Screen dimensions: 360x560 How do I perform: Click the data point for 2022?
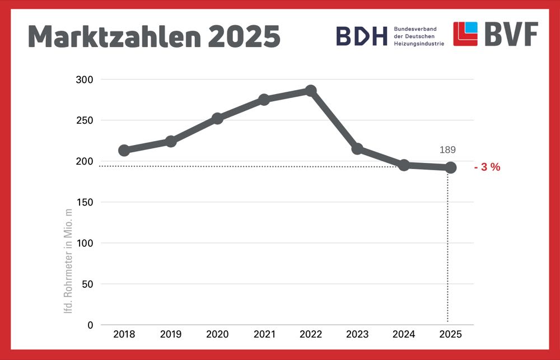[x=311, y=91]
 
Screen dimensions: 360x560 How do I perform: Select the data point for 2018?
[x=124, y=150]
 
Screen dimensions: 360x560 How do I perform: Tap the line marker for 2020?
[x=217, y=118]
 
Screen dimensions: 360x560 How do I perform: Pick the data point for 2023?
[x=357, y=148]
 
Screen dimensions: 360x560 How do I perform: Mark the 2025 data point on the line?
[x=450, y=167]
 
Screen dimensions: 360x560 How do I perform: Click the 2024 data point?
[x=404, y=165]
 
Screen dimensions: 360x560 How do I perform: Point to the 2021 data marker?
[x=264, y=100]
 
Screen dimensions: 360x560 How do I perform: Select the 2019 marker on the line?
[x=171, y=141]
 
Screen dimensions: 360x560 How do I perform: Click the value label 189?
[x=447, y=149]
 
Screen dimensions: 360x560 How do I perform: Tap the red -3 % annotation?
[x=487, y=167]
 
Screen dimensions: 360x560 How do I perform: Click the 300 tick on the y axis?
[x=84, y=80]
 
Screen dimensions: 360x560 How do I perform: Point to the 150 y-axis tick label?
[x=84, y=202]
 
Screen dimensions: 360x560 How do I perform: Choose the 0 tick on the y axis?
[x=90, y=325]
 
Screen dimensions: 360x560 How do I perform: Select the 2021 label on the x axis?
[x=264, y=335]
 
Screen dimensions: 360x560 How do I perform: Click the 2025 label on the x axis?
[x=450, y=335]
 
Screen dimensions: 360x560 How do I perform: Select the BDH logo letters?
[x=361, y=36]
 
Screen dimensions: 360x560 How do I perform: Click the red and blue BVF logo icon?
[x=465, y=34]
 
